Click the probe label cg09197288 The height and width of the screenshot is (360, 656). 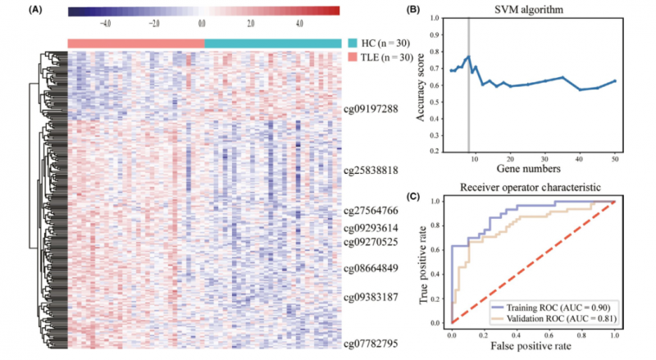tap(371, 108)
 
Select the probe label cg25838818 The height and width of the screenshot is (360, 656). tap(371, 171)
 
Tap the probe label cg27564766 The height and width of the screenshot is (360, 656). tap(371, 211)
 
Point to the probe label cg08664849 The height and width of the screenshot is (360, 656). tap(371, 267)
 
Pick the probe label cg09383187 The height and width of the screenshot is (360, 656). tap(371, 297)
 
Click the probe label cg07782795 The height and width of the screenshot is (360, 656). tap(371, 344)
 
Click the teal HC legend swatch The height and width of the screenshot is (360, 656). tap(353, 43)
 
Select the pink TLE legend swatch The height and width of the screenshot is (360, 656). tap(353, 57)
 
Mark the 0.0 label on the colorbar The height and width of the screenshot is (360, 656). tap(203, 24)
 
